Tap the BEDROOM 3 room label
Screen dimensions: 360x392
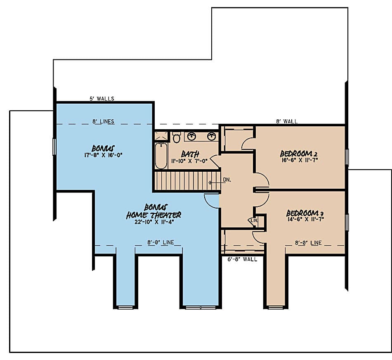pyautogui.click(x=305, y=213)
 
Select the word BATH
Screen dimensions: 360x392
pyautogui.click(x=190, y=154)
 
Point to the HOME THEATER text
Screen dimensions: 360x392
pyautogui.click(x=154, y=215)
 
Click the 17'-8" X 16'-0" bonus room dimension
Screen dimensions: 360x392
pyautogui.click(x=103, y=155)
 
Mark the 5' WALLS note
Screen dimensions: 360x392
pyautogui.click(x=102, y=99)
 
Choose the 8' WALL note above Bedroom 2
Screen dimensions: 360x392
pyautogui.click(x=286, y=121)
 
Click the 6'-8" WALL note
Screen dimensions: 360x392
pyautogui.click(x=242, y=259)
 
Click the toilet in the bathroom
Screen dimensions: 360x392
pyautogui.click(x=177, y=137)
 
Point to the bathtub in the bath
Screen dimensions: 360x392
pyautogui.click(x=161, y=156)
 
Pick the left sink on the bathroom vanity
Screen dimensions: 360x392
pyautogui.click(x=191, y=136)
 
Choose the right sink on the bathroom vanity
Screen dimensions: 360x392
pyautogui.click(x=211, y=136)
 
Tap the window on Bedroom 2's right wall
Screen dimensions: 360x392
pyautogui.click(x=347, y=157)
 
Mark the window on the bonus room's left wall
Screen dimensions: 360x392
pyautogui.click(x=54, y=147)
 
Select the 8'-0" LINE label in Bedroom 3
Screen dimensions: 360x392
pyautogui.click(x=308, y=243)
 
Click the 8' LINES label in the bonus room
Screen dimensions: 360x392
pyautogui.click(x=103, y=121)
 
